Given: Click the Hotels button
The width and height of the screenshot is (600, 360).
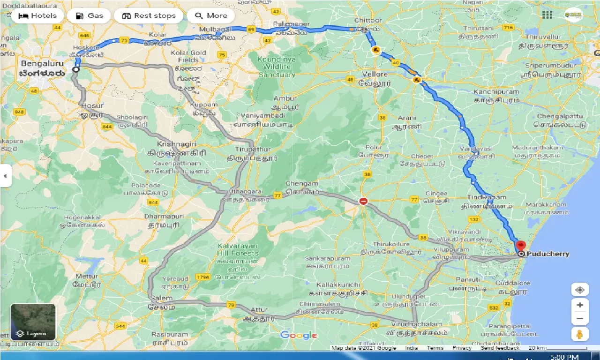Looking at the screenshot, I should pos(37,16).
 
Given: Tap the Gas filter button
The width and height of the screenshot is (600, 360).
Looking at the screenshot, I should pos(89,16).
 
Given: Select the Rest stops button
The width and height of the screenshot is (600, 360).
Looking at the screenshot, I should pos(149,16).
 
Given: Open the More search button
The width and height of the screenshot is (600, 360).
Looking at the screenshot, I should pos(211,16).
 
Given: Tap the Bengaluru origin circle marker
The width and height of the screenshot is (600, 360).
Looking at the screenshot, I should pos(76,69).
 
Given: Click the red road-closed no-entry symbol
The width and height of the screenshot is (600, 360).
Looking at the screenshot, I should pos(363,202).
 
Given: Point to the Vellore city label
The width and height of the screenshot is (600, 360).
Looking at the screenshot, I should pos(375,75).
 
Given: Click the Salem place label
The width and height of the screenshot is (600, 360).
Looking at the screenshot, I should pos(161,298).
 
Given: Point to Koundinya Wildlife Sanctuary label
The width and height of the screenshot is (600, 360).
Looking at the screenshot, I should pos(277,67).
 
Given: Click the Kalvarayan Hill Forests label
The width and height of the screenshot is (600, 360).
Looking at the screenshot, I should pos(238,250).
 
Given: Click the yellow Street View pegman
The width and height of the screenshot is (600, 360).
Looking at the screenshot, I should pos(580,334).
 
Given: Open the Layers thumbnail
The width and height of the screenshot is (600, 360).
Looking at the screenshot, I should pos(33,322).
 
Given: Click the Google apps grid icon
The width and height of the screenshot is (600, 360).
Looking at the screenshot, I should pos(547,15).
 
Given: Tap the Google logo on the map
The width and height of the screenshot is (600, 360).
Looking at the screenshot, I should pos(299,335).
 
